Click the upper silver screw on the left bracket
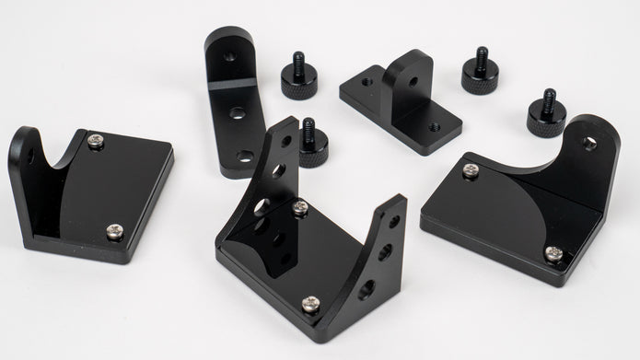(96, 141)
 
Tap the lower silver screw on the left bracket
(114, 231)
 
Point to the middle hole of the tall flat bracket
(238, 113)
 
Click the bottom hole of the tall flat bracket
(245, 156)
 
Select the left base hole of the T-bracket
(367, 82)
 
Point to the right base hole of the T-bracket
(434, 127)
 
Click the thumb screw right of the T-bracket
(480, 72)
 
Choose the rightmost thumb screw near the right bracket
(546, 114)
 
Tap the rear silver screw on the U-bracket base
(300, 208)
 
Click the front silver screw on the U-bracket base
(312, 304)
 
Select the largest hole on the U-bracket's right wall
(367, 289)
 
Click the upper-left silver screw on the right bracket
(471, 170)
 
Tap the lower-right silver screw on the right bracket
(553, 253)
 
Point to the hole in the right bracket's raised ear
(589, 144)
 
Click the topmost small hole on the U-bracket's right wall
(394, 221)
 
